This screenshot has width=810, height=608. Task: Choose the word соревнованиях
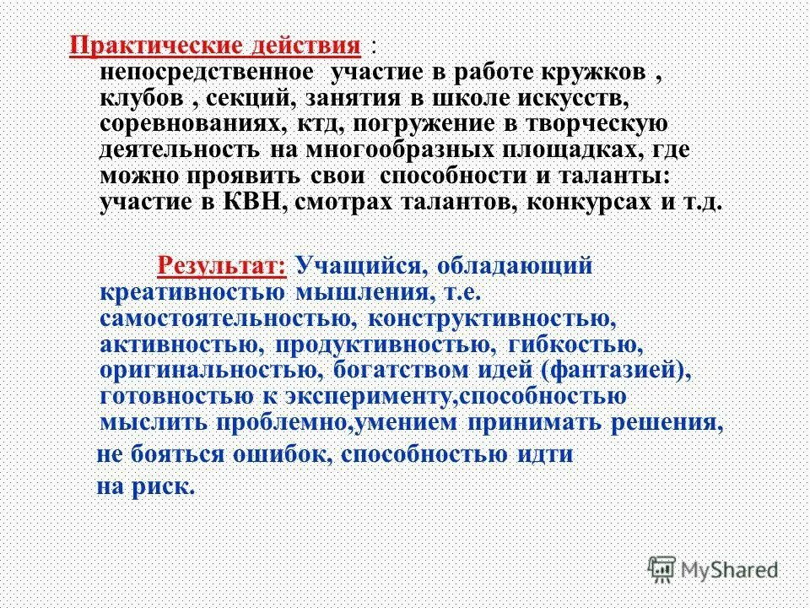click(x=193, y=125)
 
